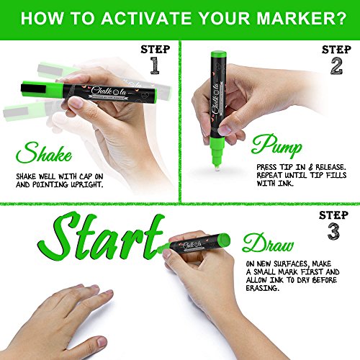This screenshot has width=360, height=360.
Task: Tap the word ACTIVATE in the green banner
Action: point(146,19)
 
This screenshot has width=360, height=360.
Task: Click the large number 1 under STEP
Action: point(155,66)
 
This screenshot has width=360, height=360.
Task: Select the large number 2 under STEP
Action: point(336,66)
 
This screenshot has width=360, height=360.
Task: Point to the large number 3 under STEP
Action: point(333,231)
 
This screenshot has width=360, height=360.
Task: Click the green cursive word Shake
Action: point(44,153)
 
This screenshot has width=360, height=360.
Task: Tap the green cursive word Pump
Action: point(276,145)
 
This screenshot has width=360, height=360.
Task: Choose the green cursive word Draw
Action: point(268,243)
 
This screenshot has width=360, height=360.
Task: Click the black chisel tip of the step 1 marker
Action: point(33,89)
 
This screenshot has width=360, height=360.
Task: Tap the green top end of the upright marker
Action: point(218,54)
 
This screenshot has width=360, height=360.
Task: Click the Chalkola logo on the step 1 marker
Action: point(109,91)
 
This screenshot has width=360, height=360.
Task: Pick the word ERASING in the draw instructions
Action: point(263,288)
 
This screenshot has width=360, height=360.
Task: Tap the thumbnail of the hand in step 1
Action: point(76,102)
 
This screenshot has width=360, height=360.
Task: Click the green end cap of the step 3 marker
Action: point(224,240)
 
